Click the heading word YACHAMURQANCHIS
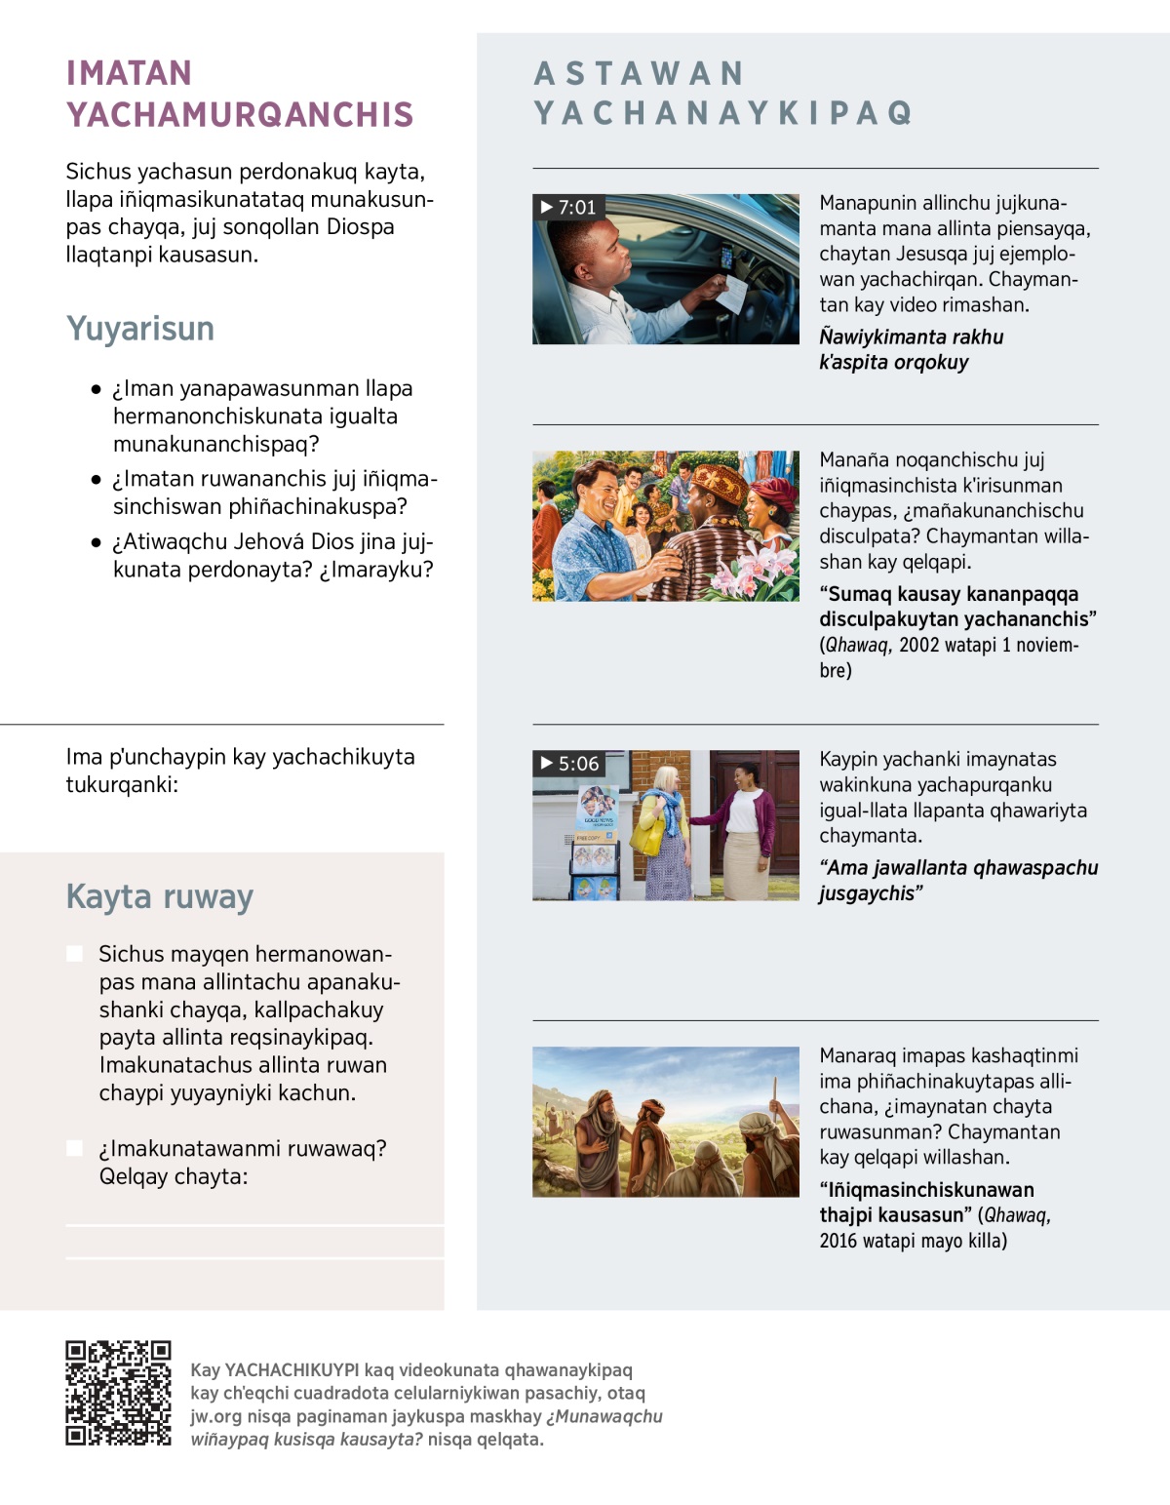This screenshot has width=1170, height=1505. coord(240,115)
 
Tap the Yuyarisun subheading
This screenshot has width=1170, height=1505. coord(140,329)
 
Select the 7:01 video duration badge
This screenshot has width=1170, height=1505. coord(568,207)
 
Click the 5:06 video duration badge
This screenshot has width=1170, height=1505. coord(569,763)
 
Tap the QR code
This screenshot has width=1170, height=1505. coord(118,1392)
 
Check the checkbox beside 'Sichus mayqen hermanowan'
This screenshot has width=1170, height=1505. coord(75,954)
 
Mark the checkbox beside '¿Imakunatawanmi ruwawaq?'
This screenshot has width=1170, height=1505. coord(75,1148)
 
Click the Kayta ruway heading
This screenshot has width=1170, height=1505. coord(160,896)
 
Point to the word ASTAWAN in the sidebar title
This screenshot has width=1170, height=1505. coord(640,73)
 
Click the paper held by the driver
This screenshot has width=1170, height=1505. coord(731,293)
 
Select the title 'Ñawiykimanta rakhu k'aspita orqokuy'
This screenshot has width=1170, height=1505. coord(911,349)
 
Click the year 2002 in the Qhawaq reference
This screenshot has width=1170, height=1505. coord(919,645)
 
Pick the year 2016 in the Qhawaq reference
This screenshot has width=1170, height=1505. coord(838,1241)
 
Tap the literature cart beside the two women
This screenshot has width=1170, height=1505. coord(594,844)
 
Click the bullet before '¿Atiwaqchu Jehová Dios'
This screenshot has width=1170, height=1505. coord(96,542)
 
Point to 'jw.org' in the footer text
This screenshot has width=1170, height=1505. coord(215,1416)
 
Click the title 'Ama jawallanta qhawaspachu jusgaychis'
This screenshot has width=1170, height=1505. coord(957,880)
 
